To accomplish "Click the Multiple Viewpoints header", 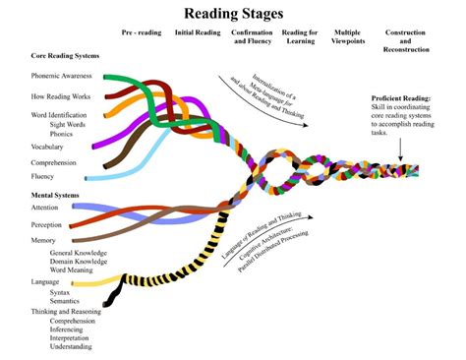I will pos(347,38).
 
